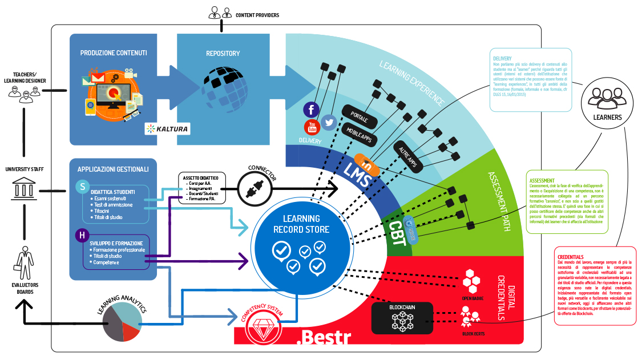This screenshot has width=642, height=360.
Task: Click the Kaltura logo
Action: click(x=167, y=128)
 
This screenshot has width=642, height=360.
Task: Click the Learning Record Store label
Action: click(x=301, y=224)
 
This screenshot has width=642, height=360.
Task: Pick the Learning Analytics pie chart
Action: click(x=122, y=322)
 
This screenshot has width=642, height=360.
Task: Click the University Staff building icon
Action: click(x=25, y=188)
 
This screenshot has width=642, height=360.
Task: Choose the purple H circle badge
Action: click(x=83, y=235)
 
